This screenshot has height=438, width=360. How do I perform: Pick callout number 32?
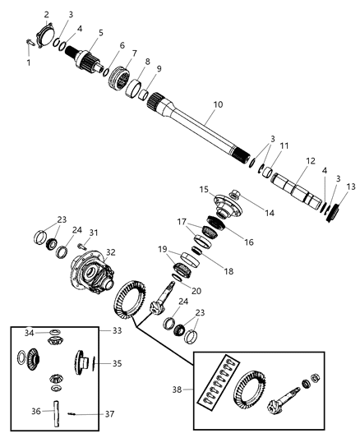click(x=110, y=252)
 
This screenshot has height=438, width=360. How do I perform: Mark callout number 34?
click(x=29, y=333)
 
